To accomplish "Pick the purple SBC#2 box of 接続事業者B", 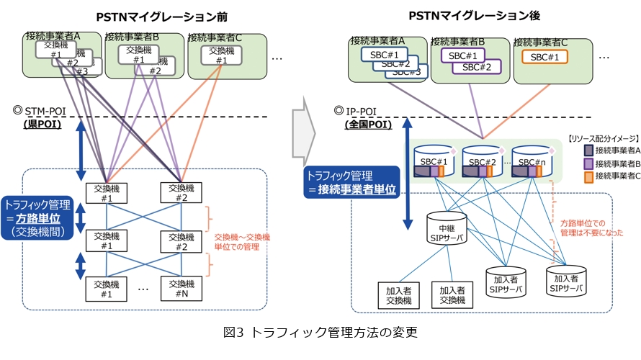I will [x=477, y=67].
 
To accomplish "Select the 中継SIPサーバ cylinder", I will [x=446, y=229].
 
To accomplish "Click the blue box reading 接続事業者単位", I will [x=349, y=181].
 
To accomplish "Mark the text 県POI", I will [x=40, y=124].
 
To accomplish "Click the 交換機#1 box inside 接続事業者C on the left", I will [x=221, y=55].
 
